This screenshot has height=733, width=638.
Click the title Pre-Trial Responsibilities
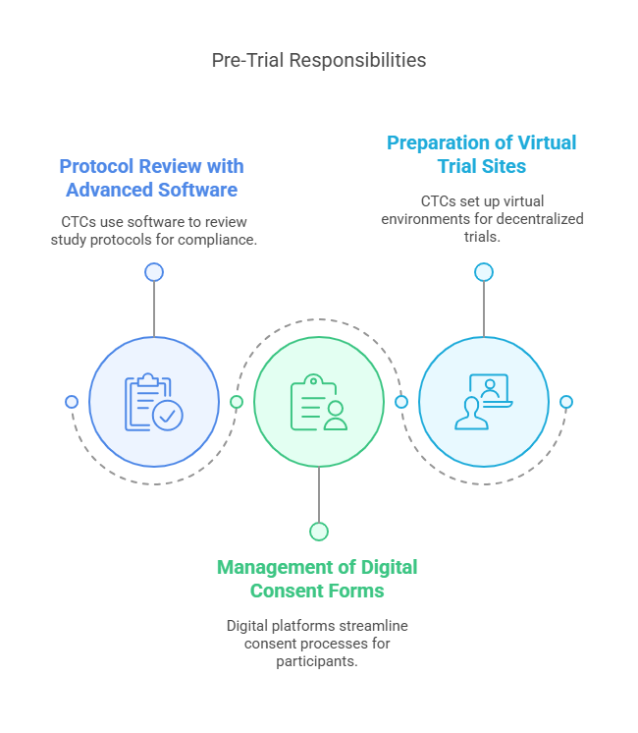[319, 60]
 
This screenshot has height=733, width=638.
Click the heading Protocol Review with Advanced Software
[152, 178]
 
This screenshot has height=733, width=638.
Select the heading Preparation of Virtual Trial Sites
[482, 154]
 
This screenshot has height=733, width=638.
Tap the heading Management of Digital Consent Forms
[317, 579]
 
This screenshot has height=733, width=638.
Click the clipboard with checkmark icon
[154, 402]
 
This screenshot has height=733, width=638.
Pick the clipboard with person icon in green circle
[319, 402]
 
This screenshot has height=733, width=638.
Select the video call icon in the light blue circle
[483, 402]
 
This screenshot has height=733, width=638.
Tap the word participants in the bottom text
[317, 661]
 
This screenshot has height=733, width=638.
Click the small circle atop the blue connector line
[154, 272]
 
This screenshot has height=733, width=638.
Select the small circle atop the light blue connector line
[484, 272]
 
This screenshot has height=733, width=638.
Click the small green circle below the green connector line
[319, 532]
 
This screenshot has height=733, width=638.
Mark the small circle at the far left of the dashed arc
[72, 402]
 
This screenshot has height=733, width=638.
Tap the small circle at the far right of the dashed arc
[566, 402]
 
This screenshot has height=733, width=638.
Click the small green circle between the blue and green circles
[237, 402]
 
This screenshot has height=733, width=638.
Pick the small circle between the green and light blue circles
[401, 402]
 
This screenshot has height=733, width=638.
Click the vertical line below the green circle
[319, 494]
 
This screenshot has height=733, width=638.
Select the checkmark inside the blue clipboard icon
[168, 415]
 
